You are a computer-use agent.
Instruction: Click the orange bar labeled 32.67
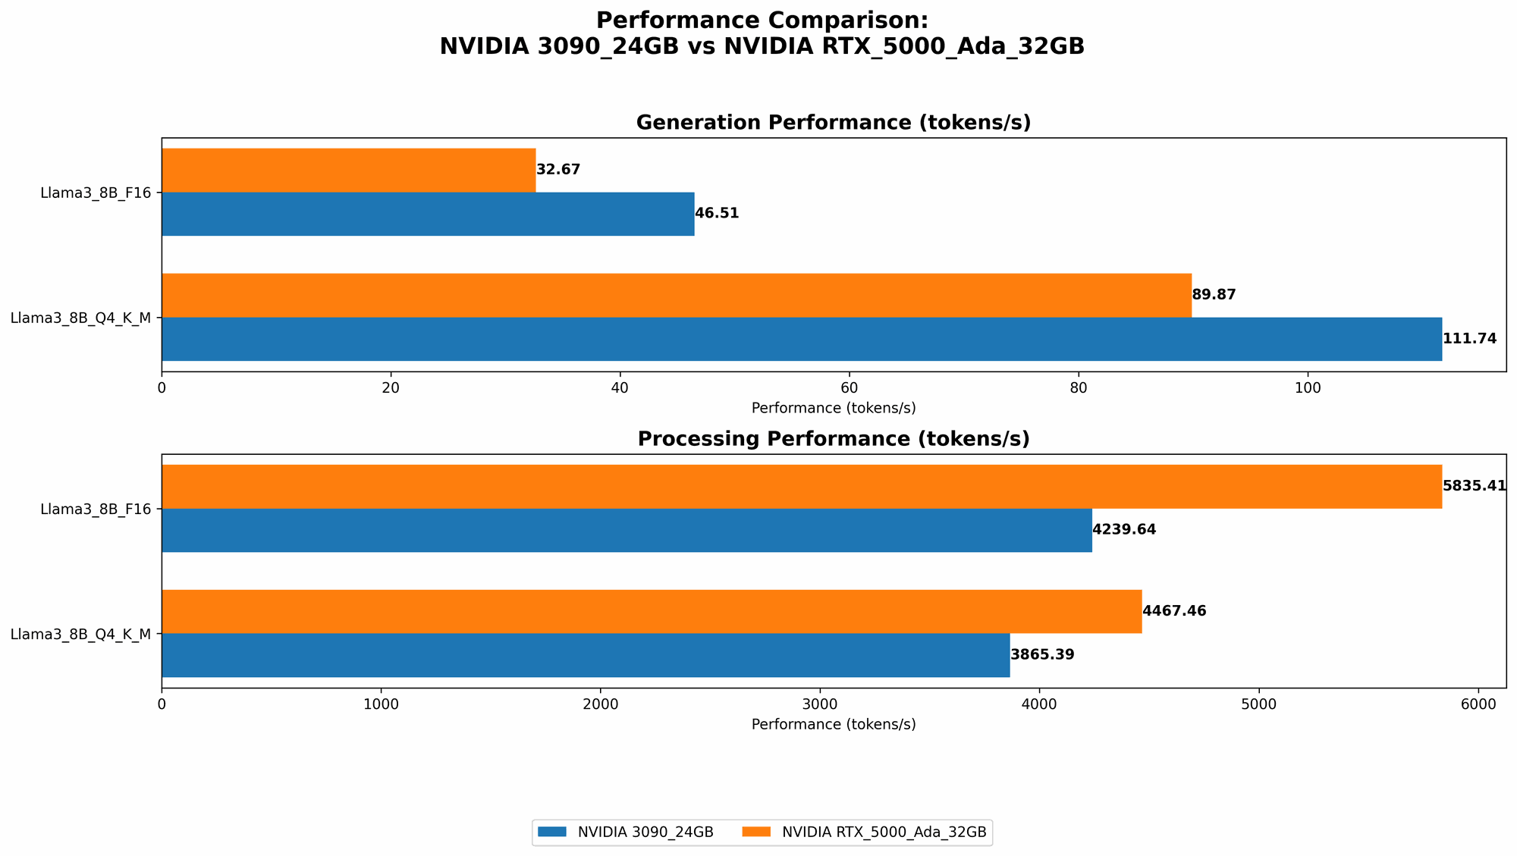(348, 170)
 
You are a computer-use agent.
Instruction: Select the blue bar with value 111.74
(801, 339)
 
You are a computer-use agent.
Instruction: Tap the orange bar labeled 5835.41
(801, 486)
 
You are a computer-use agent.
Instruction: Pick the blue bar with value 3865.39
(585, 655)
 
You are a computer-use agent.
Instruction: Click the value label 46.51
(717, 214)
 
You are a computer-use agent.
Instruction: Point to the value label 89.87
(1214, 295)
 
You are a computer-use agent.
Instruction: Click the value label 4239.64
(1124, 530)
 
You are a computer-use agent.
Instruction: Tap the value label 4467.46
(1173, 611)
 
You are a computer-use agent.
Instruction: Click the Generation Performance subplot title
(833, 123)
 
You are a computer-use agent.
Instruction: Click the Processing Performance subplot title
(833, 439)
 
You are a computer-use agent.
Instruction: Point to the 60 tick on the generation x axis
(849, 387)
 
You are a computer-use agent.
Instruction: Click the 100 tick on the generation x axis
(1307, 387)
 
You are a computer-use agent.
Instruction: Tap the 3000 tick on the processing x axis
(820, 704)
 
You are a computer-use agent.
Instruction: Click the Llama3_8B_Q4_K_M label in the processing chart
(80, 634)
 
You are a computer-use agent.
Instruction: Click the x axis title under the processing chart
(833, 724)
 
